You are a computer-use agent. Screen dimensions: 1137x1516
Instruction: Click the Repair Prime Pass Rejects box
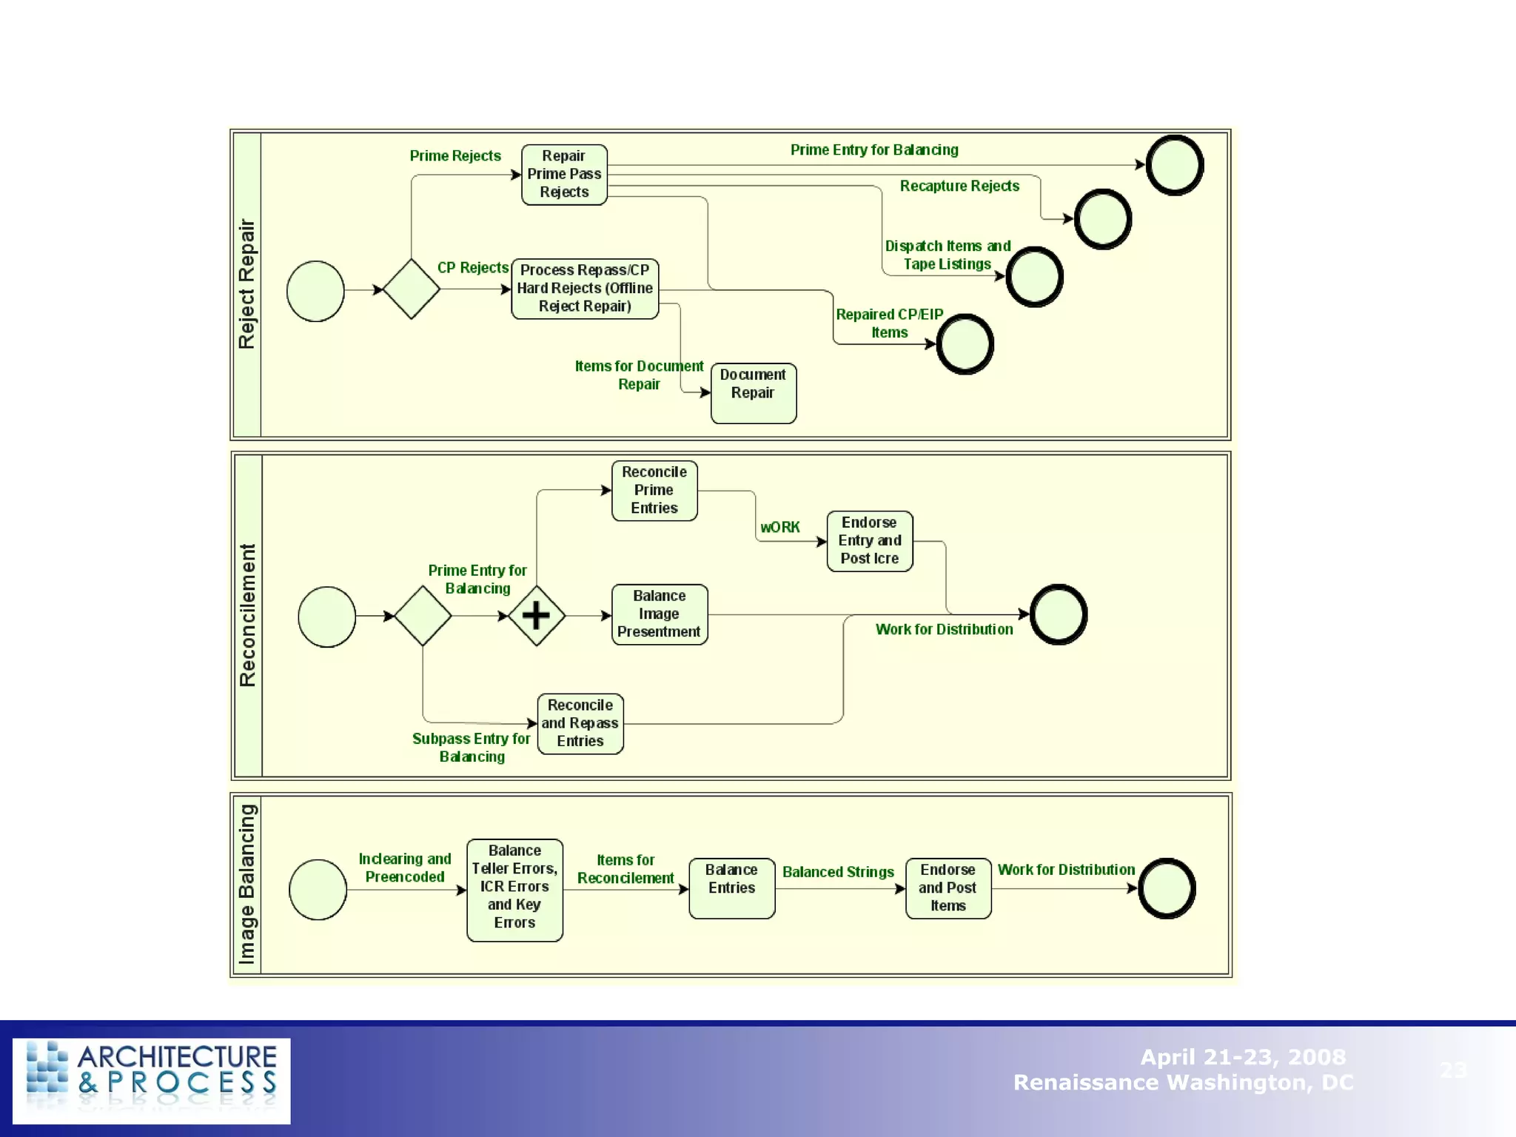(564, 175)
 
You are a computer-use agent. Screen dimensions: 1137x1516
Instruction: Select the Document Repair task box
(753, 393)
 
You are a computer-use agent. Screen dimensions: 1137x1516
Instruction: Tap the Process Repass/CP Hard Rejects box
(585, 289)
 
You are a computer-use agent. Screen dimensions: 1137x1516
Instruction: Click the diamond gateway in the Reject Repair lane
(412, 289)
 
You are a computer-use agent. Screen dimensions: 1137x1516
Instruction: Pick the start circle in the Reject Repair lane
(315, 291)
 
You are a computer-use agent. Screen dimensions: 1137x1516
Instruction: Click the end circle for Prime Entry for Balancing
(1174, 165)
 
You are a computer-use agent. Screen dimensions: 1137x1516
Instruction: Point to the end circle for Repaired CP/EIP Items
(965, 344)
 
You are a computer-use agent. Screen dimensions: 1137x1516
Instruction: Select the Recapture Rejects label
(959, 187)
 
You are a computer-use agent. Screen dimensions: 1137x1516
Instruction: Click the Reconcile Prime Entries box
(654, 491)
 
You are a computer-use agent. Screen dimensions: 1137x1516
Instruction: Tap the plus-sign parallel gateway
(536, 615)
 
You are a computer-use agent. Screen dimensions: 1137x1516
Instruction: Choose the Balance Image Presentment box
(659, 614)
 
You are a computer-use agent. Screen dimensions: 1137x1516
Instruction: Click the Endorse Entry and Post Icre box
(869, 541)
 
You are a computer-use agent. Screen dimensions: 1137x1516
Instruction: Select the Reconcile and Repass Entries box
(580, 723)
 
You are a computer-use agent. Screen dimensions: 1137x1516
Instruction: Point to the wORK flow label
(780, 528)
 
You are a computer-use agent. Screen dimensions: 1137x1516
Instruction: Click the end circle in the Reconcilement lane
(1059, 614)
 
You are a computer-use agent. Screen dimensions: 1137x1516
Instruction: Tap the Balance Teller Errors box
(514, 890)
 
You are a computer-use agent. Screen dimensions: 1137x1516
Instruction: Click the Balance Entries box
(731, 888)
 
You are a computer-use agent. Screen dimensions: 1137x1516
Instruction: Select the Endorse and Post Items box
(947, 888)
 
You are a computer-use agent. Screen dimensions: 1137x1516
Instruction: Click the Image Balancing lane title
(247, 884)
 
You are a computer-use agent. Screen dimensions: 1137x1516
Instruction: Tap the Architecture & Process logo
(152, 1080)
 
